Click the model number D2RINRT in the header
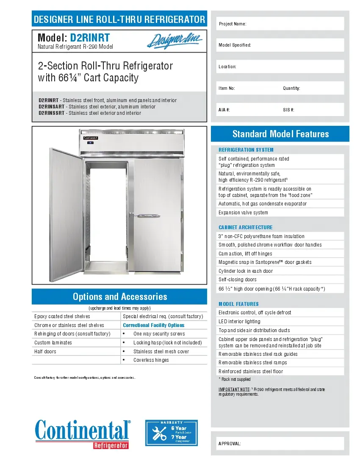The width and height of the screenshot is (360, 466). tap(90, 38)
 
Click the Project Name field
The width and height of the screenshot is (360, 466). tap(280, 24)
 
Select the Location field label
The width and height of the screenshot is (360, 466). tap(227, 67)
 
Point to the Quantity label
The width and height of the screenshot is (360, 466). tap(291, 88)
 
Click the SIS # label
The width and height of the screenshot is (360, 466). tap(288, 110)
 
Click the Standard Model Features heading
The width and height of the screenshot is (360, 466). tap(280, 134)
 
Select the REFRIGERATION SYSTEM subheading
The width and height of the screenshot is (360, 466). tap(246, 150)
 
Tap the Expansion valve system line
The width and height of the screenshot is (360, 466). tap(243, 213)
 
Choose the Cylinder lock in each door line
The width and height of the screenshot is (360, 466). tap(246, 271)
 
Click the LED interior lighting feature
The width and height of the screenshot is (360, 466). tap(239, 322)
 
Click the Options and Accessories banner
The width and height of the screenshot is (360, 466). tap(120, 297)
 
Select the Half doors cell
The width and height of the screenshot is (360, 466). tap(45, 352)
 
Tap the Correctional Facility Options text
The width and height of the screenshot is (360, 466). tap(153, 325)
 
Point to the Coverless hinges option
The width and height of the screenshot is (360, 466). tap(151, 360)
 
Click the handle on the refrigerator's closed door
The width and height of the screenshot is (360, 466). tap(146, 216)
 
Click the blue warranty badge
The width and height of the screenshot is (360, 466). tap(172, 433)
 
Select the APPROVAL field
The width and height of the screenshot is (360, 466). tap(280, 444)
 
